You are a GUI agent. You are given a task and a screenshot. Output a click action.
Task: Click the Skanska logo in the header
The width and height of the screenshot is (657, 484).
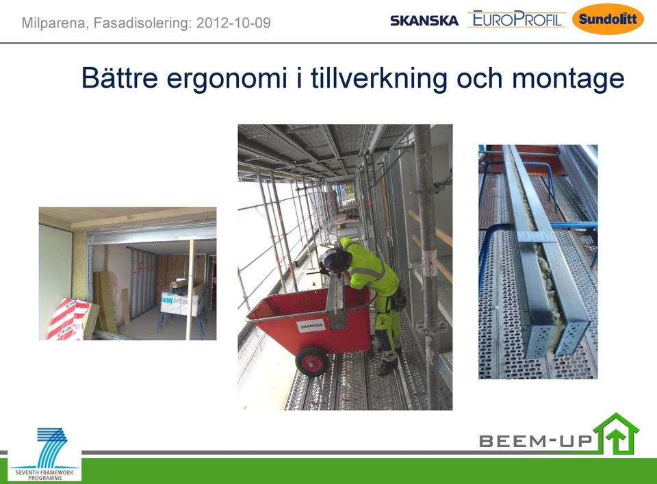pyautogui.click(x=424, y=21)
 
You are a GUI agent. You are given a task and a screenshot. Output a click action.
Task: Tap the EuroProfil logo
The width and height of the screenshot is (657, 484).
pyautogui.click(x=517, y=19)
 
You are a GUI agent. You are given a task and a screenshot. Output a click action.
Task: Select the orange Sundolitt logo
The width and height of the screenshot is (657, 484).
pyautogui.click(x=608, y=19)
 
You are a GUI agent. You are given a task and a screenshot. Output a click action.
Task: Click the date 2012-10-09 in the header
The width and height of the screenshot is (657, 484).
pyautogui.click(x=234, y=23)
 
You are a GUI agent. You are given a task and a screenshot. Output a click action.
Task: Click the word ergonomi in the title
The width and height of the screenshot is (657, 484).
pyautogui.click(x=227, y=79)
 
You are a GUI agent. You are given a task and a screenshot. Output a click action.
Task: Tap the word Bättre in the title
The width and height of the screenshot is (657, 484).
pyautogui.click(x=120, y=77)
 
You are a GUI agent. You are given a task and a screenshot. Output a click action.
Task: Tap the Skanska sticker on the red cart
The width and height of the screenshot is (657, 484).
pyautogui.click(x=311, y=326)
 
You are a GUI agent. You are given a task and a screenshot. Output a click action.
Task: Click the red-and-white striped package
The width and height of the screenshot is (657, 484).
pyautogui.click(x=68, y=319)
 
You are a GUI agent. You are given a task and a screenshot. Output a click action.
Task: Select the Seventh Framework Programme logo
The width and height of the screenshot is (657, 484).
pyautogui.click(x=44, y=455)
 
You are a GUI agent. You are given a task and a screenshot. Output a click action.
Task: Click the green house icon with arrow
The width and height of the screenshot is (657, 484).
pyautogui.click(x=617, y=434)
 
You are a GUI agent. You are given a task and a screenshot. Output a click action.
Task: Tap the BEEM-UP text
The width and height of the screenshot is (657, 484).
pyautogui.click(x=536, y=441)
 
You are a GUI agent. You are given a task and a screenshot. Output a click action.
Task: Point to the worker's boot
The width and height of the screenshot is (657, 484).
pyautogui.click(x=386, y=368)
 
